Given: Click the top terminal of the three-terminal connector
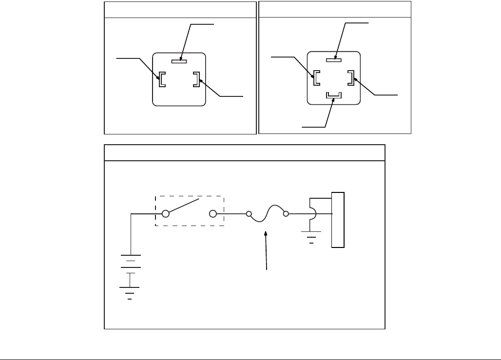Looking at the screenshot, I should pyautogui.click(x=179, y=61).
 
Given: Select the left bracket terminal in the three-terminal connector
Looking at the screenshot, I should pyautogui.click(x=161, y=79).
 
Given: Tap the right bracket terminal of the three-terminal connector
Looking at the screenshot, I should pyautogui.click(x=196, y=79).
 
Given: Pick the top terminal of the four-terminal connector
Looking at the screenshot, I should pyautogui.click(x=334, y=60).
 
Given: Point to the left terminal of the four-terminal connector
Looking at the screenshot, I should pyautogui.click(x=316, y=78).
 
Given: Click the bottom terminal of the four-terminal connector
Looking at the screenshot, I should pyautogui.click(x=334, y=95).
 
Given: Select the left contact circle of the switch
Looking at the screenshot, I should pyautogui.click(x=166, y=213).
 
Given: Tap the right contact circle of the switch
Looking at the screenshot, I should pyautogui.click(x=212, y=213).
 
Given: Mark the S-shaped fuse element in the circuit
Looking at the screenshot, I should pyautogui.click(x=268, y=213).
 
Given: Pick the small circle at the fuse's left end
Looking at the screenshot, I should pyautogui.click(x=249, y=213).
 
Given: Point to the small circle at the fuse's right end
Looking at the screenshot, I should pyautogui.click(x=287, y=213).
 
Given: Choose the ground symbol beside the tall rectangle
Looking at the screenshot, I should pyautogui.click(x=311, y=239).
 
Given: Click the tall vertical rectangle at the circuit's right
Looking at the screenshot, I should pyautogui.click(x=338, y=220).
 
